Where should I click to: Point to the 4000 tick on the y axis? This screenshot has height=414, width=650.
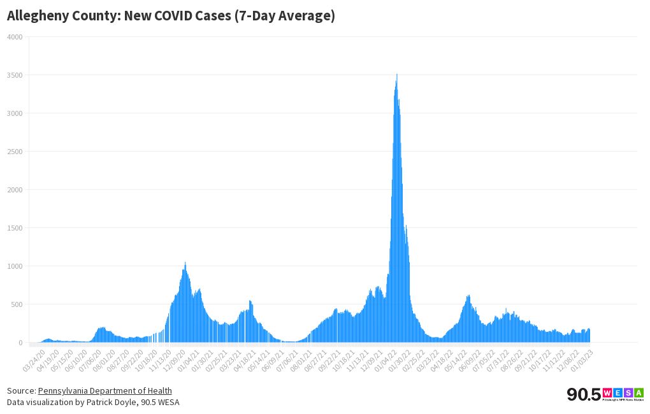click(x=15, y=37)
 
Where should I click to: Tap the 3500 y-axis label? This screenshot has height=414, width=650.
click(x=15, y=75)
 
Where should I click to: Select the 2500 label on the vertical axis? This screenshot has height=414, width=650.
click(x=15, y=152)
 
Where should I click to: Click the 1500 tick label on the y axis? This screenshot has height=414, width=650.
click(x=15, y=228)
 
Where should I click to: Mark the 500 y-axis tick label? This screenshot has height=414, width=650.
click(x=17, y=304)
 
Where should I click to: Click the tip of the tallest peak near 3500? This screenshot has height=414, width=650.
click(x=397, y=75)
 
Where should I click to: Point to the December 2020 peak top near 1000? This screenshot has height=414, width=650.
click(x=185, y=263)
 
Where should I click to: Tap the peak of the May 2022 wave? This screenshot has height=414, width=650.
click(x=468, y=296)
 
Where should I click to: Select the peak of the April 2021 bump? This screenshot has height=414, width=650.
click(x=250, y=301)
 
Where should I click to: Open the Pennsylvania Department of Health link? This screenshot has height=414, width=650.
click(x=105, y=390)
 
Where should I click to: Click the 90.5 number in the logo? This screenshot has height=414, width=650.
click(x=583, y=394)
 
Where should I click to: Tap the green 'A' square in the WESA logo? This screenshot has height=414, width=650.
click(x=639, y=392)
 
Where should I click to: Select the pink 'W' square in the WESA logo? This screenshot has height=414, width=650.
click(x=607, y=392)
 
